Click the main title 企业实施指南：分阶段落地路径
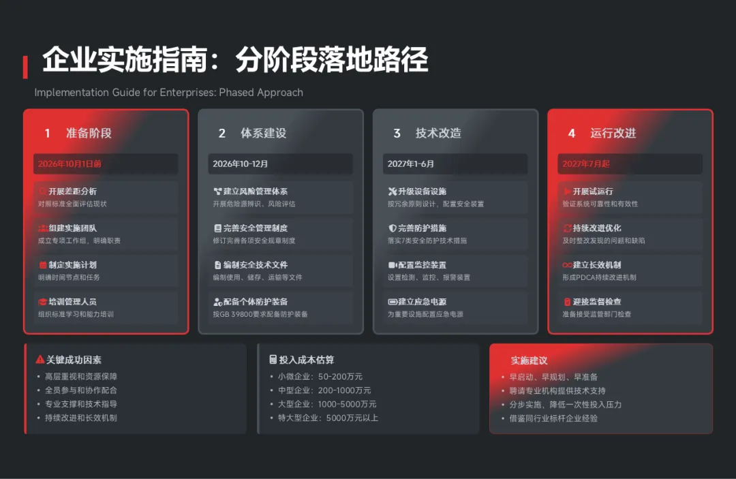click(235, 61)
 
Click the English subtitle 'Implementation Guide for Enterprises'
click(168, 93)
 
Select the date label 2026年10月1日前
click(70, 164)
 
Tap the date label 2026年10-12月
click(241, 164)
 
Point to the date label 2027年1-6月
click(411, 164)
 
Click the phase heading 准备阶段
click(89, 134)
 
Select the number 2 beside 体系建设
click(222, 134)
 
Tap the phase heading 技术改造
click(438, 134)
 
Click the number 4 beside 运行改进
click(572, 134)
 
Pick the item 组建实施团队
click(72, 228)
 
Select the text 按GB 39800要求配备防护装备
click(260, 314)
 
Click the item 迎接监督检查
click(597, 302)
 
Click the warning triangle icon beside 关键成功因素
click(40, 360)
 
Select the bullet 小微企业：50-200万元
click(320, 377)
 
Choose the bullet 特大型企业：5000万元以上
click(328, 418)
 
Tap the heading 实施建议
click(530, 360)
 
